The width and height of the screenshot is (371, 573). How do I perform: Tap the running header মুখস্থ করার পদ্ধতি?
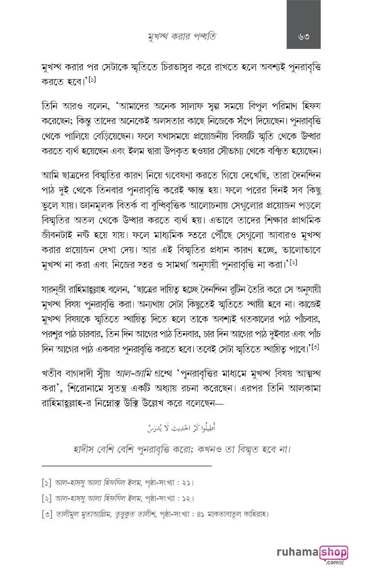coord(182,36)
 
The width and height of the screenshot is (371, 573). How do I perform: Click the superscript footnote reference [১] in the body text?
coord(93,80)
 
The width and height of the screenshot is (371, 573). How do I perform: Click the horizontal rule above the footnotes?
coord(126,466)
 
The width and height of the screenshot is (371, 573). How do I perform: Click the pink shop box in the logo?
coord(333,552)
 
